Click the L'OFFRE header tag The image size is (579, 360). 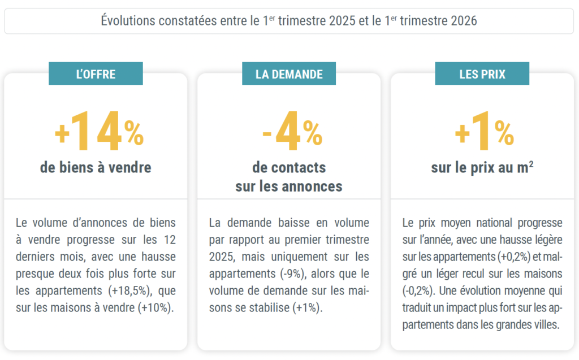pyautogui.click(x=96, y=74)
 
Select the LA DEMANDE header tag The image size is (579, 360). pyautogui.click(x=289, y=74)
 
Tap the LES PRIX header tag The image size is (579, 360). pyautogui.click(x=482, y=74)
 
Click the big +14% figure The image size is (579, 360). pyautogui.click(x=99, y=132)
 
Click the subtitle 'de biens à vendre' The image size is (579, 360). pyautogui.click(x=96, y=168)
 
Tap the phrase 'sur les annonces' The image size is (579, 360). pyautogui.click(x=289, y=186)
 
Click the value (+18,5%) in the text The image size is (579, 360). pyautogui.click(x=128, y=292)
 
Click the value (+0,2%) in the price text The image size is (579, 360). pyautogui.click(x=515, y=257)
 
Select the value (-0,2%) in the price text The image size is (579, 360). pyautogui.click(x=417, y=292)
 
